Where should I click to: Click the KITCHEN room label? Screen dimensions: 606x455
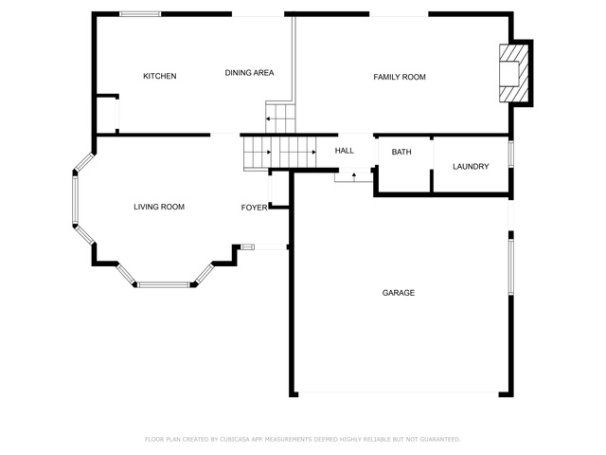click(160, 76)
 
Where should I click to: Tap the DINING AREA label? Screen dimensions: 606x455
click(249, 73)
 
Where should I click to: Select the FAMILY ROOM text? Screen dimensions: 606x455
click(400, 77)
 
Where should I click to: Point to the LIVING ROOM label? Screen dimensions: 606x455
click(159, 207)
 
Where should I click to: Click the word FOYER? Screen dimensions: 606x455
click(254, 208)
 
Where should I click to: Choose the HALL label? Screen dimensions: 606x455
click(344, 151)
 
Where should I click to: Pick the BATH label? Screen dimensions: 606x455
click(401, 152)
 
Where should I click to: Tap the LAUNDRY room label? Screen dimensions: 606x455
click(471, 167)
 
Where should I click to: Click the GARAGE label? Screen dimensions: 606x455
click(399, 293)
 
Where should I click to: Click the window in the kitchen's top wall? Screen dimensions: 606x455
click(140, 14)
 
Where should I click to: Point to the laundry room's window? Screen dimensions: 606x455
click(511, 154)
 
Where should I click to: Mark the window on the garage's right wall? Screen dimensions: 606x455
click(511, 267)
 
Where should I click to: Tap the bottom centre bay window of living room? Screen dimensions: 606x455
click(164, 284)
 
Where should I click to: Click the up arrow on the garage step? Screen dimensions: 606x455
click(353, 176)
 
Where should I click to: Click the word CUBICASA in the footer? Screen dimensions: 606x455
click(235, 439)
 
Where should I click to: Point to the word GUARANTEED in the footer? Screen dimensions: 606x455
click(440, 439)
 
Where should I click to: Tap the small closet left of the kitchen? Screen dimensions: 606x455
click(106, 115)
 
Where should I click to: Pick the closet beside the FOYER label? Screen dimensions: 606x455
click(278, 190)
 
